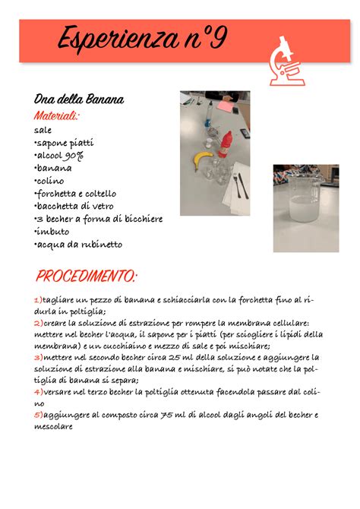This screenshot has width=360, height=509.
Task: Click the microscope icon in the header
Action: tap(288, 60)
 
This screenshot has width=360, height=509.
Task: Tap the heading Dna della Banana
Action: tap(79, 100)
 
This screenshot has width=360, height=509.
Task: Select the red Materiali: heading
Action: tap(56, 115)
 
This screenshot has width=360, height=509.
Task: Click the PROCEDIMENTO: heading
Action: tap(87, 274)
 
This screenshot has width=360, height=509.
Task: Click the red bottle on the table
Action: tap(225, 144)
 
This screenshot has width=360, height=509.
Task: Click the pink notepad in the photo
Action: tap(226, 106)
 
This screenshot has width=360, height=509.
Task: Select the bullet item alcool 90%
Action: tap(59, 155)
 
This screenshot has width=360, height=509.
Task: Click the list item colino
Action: tap(49, 181)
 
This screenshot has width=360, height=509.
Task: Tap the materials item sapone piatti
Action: tap(65, 142)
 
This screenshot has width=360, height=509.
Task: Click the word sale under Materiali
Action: tap(43, 130)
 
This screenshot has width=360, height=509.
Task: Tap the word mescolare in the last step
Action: tap(54, 427)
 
